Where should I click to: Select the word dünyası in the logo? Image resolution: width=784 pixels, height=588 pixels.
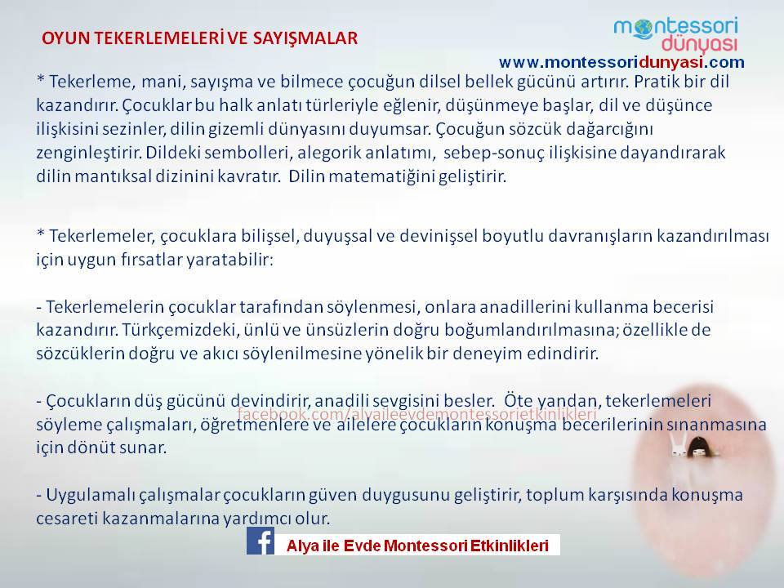699,45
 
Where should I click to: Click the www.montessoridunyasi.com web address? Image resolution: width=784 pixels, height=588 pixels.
621,62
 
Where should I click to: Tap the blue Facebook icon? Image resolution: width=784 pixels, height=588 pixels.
260,541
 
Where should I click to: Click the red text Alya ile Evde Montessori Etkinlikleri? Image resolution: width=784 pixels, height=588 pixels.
417,546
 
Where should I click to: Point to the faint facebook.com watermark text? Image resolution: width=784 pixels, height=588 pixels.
417,414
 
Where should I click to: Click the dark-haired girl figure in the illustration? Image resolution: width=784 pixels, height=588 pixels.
698,447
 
